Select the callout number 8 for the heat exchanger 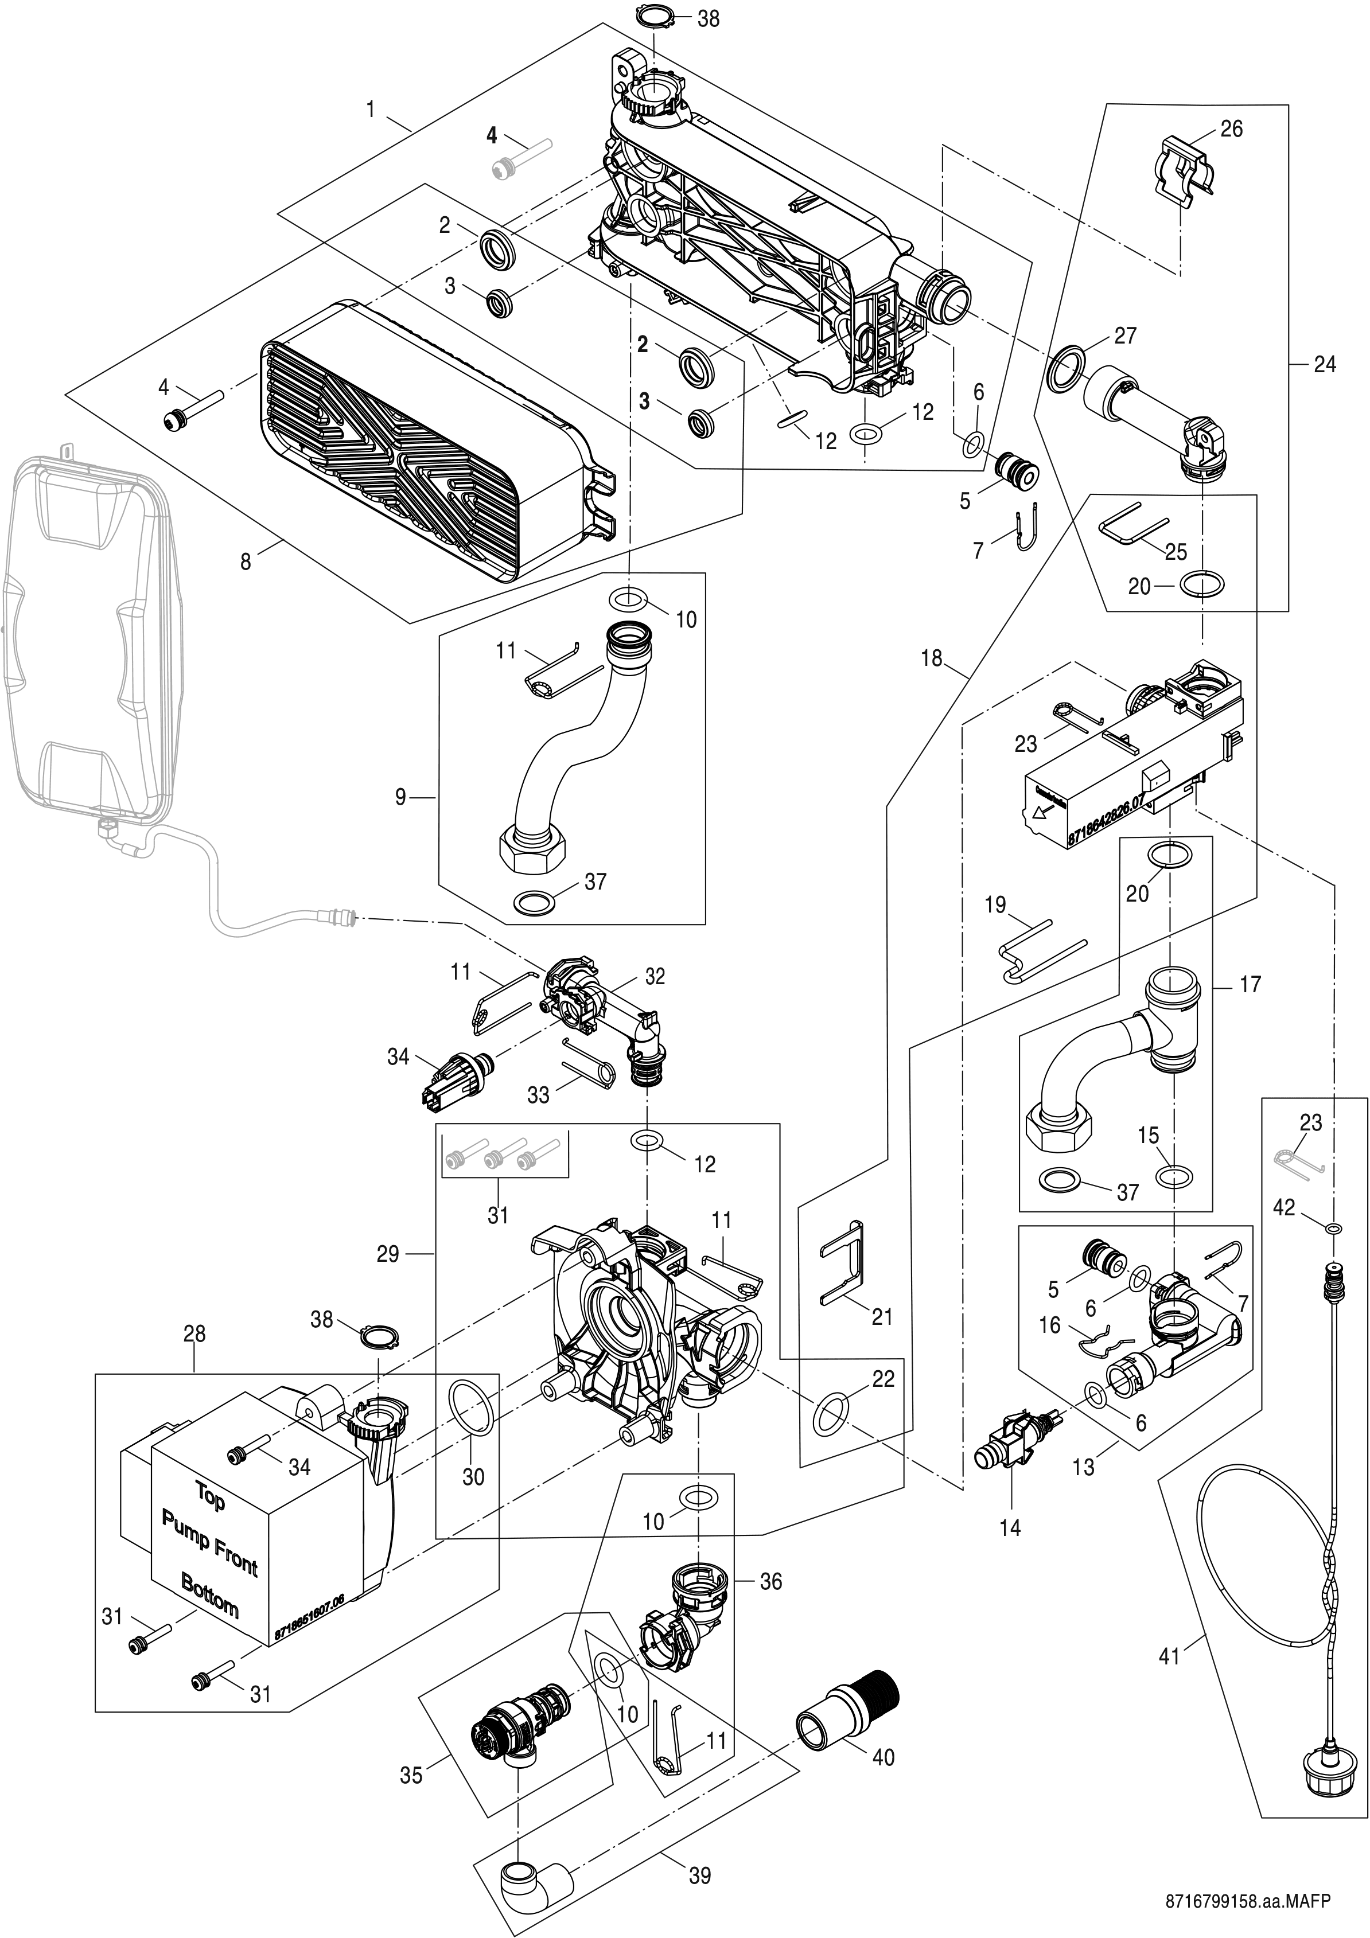tap(246, 561)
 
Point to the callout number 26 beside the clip tap(1232, 129)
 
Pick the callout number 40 tap(883, 1757)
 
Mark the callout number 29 tap(388, 1254)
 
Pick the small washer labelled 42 tap(1331, 1226)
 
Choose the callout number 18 tap(931, 658)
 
